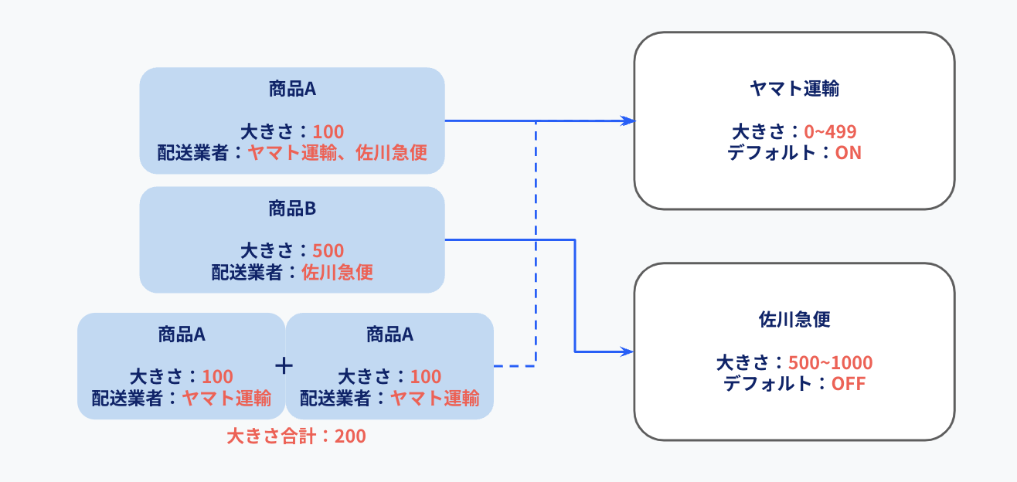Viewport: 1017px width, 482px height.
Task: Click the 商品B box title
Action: coord(292,209)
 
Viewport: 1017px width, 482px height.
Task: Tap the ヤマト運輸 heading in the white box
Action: coord(794,89)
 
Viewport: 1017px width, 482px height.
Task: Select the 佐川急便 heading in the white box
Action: coord(794,320)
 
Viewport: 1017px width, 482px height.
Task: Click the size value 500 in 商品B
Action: coord(328,251)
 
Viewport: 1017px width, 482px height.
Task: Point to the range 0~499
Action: coord(830,131)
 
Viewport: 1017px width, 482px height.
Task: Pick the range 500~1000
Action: coord(830,362)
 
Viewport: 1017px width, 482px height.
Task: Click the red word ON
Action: coord(848,153)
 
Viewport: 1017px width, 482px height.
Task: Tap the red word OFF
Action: coord(848,384)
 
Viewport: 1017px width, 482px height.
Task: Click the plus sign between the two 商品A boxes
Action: coord(284,366)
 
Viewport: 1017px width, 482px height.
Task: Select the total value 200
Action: coord(350,436)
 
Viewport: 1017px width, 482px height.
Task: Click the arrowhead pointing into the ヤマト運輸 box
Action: coord(628,120)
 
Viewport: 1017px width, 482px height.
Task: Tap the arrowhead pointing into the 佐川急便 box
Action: coord(627,351)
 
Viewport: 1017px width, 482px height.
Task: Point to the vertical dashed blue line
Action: coord(536,243)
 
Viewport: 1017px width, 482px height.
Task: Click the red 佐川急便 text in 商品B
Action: coord(337,273)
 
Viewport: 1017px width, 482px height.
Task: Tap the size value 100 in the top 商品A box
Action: coord(328,132)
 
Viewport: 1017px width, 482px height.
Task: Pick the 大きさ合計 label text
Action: coord(271,436)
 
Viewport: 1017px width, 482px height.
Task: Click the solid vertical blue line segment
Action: coord(575,296)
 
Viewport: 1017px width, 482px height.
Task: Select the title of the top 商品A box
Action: coord(292,89)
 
